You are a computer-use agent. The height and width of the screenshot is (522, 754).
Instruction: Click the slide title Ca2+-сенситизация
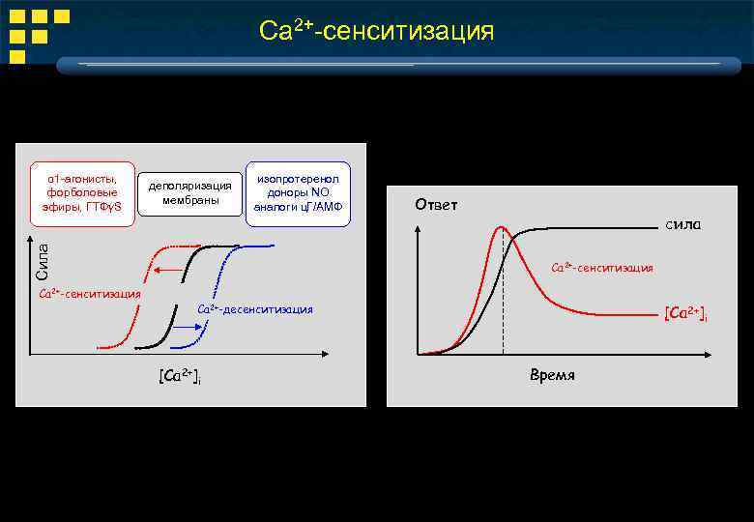376,31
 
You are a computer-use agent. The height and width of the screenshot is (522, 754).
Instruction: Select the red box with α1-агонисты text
82,193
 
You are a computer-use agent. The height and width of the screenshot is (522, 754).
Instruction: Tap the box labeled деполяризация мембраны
190,193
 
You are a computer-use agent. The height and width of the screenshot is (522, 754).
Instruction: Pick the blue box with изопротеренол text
298,193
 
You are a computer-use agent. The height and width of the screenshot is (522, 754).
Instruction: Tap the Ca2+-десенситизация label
255,309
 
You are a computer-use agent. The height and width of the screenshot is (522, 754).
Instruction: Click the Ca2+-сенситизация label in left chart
89,293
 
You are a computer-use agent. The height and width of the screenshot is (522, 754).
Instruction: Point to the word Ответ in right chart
436,205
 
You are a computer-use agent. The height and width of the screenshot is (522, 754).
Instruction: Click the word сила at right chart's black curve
681,225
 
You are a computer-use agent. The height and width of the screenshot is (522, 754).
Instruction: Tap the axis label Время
552,375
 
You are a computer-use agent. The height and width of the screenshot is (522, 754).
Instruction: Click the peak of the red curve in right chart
500,228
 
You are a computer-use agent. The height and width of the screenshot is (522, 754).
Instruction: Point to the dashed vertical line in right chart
503,309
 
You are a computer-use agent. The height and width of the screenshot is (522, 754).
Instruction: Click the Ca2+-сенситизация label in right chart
601,268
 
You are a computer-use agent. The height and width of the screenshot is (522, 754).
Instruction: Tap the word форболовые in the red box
82,193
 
